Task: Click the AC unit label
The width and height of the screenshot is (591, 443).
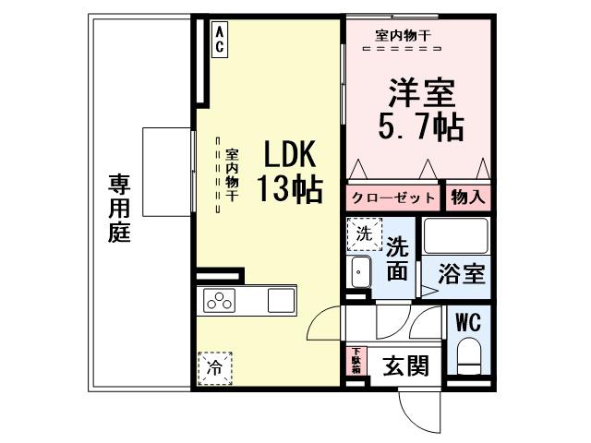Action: pyautogui.click(x=220, y=39)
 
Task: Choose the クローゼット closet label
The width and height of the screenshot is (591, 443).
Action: pyautogui.click(x=392, y=197)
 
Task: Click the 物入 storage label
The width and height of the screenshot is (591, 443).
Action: pyautogui.click(x=467, y=197)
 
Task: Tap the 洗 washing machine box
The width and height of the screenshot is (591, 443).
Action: pyautogui.click(x=364, y=233)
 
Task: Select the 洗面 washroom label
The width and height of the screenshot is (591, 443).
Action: pyautogui.click(x=398, y=258)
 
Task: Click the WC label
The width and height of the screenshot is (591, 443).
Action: pyautogui.click(x=467, y=323)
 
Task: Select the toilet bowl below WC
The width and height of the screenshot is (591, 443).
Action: pyautogui.click(x=467, y=355)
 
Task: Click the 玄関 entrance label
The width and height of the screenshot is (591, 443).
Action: pyautogui.click(x=406, y=366)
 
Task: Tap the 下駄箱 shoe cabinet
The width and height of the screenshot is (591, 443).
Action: pyautogui.click(x=356, y=360)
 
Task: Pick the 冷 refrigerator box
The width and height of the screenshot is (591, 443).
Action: pyautogui.click(x=214, y=367)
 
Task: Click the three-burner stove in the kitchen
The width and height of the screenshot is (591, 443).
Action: pyautogui.click(x=221, y=300)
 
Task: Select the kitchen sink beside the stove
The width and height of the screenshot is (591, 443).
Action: pyautogui.click(x=280, y=300)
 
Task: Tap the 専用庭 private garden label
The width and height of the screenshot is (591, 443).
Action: pyautogui.click(x=118, y=207)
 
